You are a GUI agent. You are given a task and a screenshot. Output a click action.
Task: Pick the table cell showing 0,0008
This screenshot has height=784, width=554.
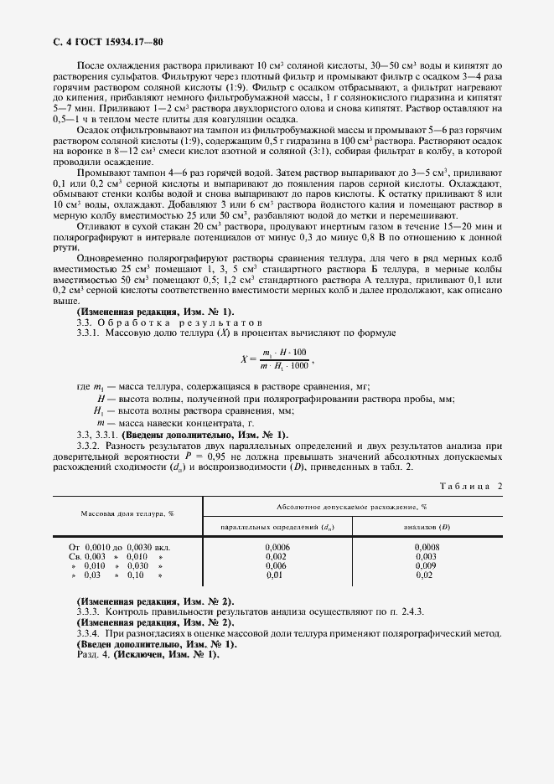(427, 546)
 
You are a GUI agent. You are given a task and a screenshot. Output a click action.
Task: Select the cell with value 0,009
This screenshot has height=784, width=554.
(427, 565)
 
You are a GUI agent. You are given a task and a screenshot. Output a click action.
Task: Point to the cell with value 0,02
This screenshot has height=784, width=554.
(427, 575)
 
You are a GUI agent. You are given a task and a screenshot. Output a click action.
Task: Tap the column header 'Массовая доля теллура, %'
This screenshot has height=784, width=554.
(127, 513)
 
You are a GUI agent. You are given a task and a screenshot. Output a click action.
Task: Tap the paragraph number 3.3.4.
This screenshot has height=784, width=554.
(89, 634)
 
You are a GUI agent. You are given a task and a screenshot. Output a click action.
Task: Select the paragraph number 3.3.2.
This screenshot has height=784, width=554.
(89, 446)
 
